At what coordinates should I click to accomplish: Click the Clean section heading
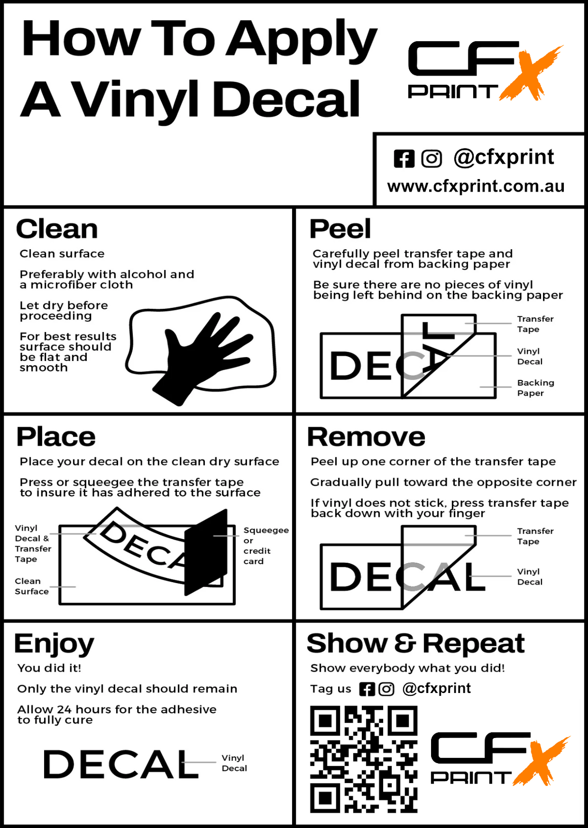click(57, 229)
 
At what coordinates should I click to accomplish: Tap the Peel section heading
click(340, 229)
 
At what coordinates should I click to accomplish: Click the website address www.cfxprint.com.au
click(476, 186)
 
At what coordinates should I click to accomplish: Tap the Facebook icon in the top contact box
click(404, 159)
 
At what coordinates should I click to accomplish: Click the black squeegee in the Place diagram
click(206, 552)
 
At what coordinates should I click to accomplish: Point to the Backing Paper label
click(536, 388)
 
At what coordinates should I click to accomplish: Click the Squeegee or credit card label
click(266, 545)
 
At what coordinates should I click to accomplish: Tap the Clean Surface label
click(32, 586)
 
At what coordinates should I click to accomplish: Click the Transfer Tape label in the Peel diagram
click(535, 324)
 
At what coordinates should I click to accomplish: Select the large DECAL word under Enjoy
click(121, 764)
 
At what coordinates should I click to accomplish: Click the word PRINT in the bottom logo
click(471, 778)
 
